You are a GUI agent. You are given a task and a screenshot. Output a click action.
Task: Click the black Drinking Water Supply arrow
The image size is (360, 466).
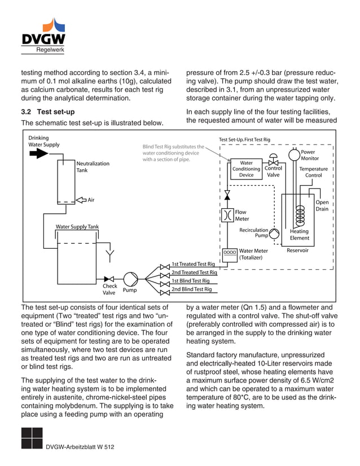(x=38, y=154)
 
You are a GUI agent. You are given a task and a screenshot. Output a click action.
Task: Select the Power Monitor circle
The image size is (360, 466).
(x=293, y=154)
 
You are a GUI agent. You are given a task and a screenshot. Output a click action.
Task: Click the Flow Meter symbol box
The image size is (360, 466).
(x=227, y=215)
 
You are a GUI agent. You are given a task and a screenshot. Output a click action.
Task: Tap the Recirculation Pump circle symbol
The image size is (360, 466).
(x=274, y=234)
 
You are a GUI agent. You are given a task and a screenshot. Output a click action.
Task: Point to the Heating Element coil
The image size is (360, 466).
(x=300, y=214)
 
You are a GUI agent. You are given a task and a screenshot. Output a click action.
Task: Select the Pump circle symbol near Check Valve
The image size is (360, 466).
(x=130, y=278)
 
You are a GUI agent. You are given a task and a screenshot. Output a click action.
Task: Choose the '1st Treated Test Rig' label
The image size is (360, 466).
(x=193, y=264)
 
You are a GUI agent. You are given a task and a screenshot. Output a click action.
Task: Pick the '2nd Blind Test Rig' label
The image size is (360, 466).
(x=191, y=289)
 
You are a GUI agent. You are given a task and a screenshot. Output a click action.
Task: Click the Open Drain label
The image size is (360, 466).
(x=322, y=205)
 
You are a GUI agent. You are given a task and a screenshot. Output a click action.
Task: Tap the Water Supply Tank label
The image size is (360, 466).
(x=77, y=227)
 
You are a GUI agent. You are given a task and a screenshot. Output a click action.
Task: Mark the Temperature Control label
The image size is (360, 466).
(x=313, y=172)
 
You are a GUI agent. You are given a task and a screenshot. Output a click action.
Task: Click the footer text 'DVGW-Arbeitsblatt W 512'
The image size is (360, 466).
(x=80, y=447)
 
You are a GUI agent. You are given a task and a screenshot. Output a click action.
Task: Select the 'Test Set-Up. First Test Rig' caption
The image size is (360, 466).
(x=244, y=139)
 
